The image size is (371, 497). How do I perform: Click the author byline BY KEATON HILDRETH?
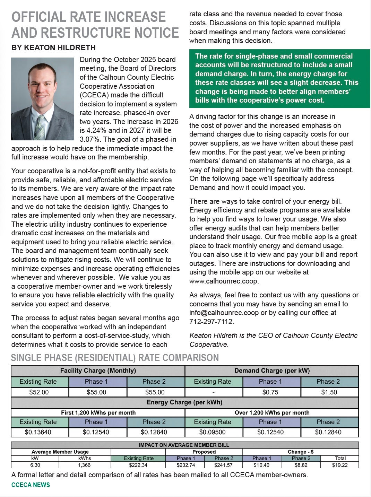53,48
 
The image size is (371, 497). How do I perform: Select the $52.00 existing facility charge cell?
39,392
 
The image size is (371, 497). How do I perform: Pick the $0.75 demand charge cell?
270,392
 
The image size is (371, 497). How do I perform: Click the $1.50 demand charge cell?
329,392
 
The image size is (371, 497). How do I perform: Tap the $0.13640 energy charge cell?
38,432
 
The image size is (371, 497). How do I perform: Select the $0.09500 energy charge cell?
212,432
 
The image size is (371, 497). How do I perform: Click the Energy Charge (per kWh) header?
184,402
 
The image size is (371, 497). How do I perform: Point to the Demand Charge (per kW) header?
272,370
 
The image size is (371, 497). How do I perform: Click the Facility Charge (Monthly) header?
98,370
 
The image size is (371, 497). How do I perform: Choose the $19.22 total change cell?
339,465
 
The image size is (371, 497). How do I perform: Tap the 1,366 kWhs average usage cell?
84,465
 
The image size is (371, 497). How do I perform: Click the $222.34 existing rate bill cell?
138,465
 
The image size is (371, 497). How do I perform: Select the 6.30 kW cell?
35,465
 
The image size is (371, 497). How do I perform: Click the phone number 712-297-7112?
211,322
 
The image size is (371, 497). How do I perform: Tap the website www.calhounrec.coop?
224,281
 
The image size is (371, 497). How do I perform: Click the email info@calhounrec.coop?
224,313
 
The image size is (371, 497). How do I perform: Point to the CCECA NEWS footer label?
31,485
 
